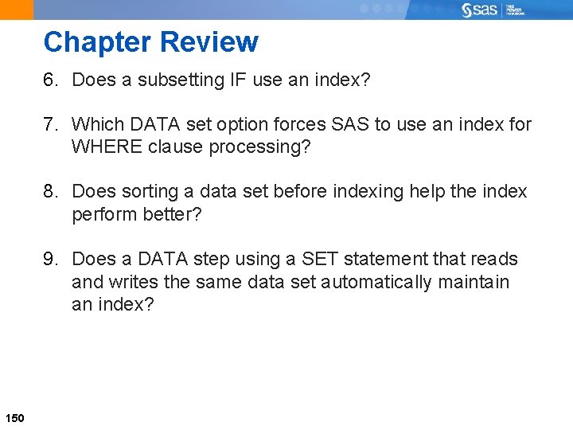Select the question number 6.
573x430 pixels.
[50, 80]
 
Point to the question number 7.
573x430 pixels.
[50, 124]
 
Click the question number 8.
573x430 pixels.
[50, 192]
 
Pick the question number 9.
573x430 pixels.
[50, 260]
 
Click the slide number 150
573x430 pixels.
[15, 418]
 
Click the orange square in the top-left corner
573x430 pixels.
[17, 10]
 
